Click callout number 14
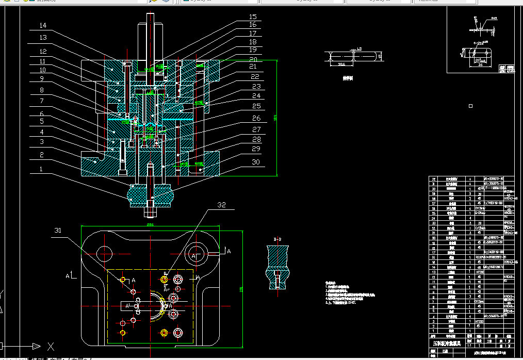(x=43, y=25)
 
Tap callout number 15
(x=253, y=17)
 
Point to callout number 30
(x=256, y=162)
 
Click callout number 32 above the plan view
(x=221, y=205)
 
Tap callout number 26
(x=256, y=119)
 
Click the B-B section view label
(x=277, y=239)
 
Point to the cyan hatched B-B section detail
(x=277, y=267)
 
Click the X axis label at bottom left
(x=51, y=346)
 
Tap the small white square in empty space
(x=470, y=106)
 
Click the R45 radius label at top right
(x=494, y=18)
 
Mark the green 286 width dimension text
(x=150, y=225)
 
